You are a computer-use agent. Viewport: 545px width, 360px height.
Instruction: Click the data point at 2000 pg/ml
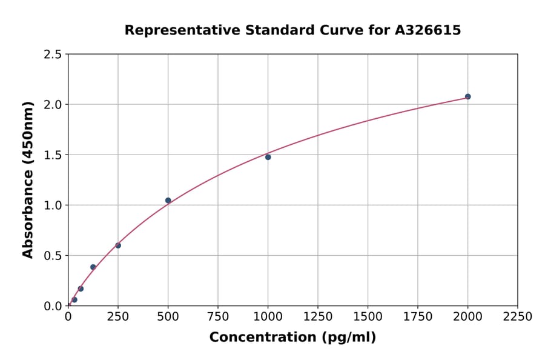[x=467, y=96]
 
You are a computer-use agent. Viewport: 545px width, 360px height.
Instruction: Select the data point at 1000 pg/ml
[x=268, y=157]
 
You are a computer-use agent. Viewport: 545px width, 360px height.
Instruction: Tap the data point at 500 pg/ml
[x=168, y=200]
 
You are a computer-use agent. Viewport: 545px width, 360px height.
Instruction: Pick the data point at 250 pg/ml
[x=118, y=245]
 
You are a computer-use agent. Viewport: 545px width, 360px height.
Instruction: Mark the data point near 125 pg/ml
[x=93, y=267]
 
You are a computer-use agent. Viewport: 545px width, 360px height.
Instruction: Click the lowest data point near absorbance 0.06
[x=74, y=299]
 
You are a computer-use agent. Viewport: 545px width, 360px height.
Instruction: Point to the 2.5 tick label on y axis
[x=53, y=55]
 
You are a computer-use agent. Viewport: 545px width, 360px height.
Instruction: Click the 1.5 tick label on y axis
[x=53, y=155]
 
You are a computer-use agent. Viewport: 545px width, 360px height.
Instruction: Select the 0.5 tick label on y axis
[x=53, y=256]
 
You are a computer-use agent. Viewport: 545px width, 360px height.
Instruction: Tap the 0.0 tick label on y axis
[x=53, y=306]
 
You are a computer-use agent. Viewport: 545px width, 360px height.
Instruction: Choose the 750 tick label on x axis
[x=218, y=317]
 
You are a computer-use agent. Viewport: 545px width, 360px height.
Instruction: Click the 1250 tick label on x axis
[x=318, y=317]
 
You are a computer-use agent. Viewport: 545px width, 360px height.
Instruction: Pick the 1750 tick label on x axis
[x=418, y=317]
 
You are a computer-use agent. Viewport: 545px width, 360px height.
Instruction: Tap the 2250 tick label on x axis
[x=518, y=317]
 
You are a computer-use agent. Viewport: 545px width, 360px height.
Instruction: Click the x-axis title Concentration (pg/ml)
[x=292, y=338]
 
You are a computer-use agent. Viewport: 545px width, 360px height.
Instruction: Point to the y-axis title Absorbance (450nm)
[x=28, y=179]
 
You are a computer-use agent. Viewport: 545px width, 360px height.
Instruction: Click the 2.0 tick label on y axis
[x=53, y=105]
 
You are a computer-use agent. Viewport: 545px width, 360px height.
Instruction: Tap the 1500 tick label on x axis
[x=368, y=317]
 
